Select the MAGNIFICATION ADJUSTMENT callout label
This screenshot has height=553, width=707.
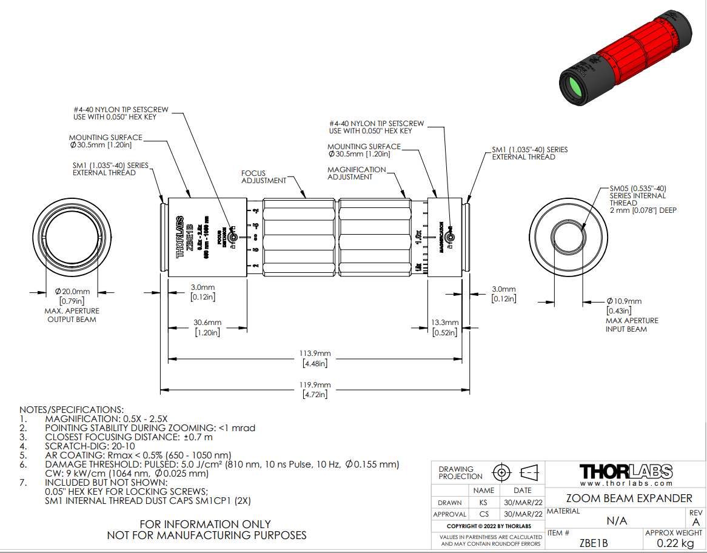[357, 173]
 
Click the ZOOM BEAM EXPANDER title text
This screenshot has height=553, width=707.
[629, 498]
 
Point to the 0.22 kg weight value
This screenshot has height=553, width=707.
[675, 543]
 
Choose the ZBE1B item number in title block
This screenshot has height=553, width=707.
[594, 543]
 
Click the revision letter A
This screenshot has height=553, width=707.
[695, 522]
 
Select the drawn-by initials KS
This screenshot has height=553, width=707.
[483, 503]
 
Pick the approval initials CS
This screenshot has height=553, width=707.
[483, 515]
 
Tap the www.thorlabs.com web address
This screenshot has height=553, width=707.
[626, 483]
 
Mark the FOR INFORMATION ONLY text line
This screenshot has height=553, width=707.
[206, 524]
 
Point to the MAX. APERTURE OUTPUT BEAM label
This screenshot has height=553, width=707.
[72, 315]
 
